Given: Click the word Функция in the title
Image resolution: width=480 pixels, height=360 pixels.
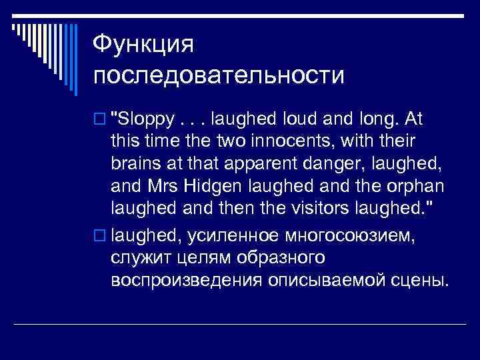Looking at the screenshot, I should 143,45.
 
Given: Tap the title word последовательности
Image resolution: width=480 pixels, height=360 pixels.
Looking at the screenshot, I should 219,74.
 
